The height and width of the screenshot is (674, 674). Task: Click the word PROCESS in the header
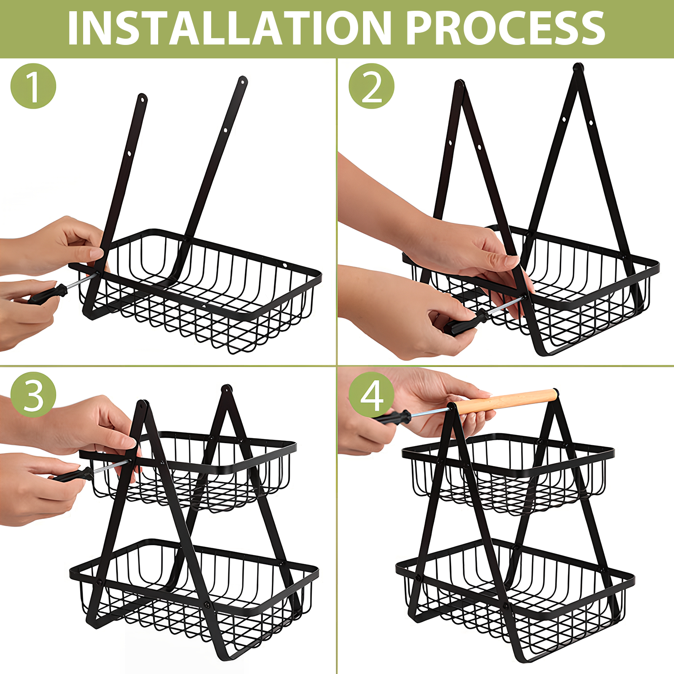coord(505,28)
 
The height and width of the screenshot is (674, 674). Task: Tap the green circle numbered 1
coord(33,86)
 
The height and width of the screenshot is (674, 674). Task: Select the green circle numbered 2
coord(372,86)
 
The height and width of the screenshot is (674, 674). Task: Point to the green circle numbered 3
coord(33,395)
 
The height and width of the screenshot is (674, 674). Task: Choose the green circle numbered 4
coord(372,395)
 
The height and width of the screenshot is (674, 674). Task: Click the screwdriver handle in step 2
coord(465,322)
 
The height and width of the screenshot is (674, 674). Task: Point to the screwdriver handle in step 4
coord(391,417)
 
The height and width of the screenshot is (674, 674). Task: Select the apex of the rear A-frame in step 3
coord(227,389)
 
